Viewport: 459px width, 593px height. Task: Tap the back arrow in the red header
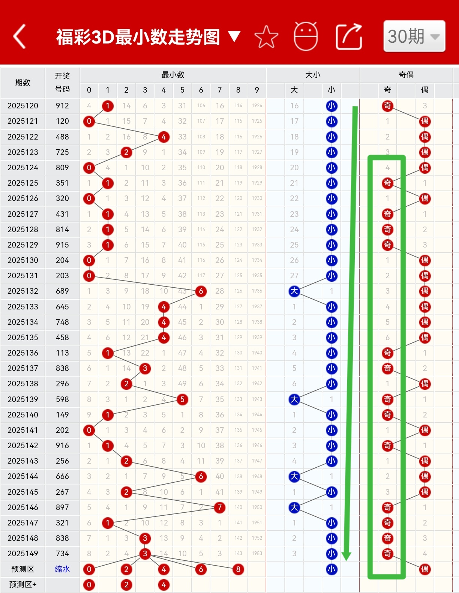pyautogui.click(x=19, y=36)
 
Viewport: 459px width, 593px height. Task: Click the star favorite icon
pyautogui.click(x=266, y=37)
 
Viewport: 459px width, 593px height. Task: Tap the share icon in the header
pyautogui.click(x=349, y=37)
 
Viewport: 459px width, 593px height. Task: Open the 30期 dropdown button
pyautogui.click(x=414, y=36)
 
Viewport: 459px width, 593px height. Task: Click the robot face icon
pyautogui.click(x=306, y=36)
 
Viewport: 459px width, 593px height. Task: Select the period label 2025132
pyautogui.click(x=23, y=291)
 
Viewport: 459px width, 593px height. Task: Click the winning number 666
pyautogui.click(x=62, y=476)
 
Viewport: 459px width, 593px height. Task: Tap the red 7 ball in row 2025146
pyautogui.click(x=220, y=507)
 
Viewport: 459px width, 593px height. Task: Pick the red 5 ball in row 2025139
pyautogui.click(x=182, y=399)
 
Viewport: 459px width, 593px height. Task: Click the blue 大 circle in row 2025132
pyautogui.click(x=294, y=291)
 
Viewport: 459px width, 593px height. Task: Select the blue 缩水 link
pyautogui.click(x=62, y=569)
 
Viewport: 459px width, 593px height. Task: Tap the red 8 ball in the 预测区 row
pyautogui.click(x=238, y=569)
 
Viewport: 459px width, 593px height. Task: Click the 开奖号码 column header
pyautogui.click(x=62, y=83)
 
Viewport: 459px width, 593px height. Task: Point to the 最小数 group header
pyautogui.click(x=173, y=75)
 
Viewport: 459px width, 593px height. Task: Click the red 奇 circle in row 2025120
pyautogui.click(x=387, y=106)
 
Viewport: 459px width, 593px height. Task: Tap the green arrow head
pyautogui.click(x=346, y=555)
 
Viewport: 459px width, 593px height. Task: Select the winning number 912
pyautogui.click(x=62, y=106)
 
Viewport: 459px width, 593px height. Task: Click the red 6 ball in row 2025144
pyautogui.click(x=201, y=476)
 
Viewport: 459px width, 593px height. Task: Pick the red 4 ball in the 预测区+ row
pyautogui.click(x=164, y=585)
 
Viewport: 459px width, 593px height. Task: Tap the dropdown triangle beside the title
pyautogui.click(x=234, y=36)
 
